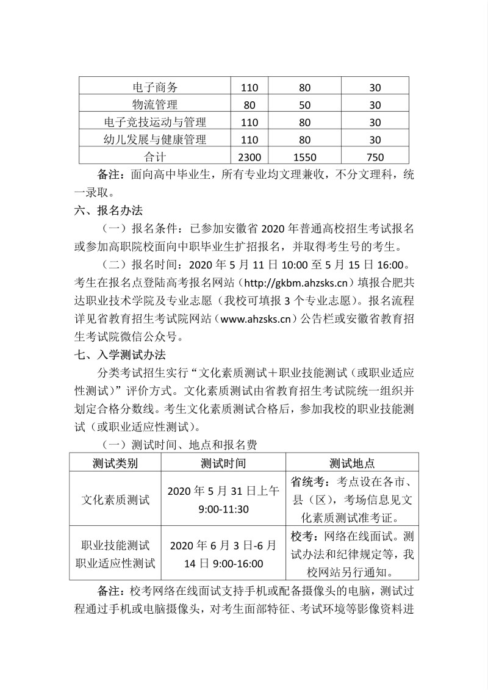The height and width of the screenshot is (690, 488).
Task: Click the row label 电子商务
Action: tap(155, 88)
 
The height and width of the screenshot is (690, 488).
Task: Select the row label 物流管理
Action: tap(155, 105)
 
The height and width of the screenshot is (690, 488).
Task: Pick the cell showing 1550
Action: tap(305, 156)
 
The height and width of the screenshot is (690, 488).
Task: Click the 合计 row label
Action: tap(155, 156)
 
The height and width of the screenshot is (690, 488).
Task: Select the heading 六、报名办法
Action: tap(107, 210)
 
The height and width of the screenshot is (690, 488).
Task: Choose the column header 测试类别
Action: tap(115, 463)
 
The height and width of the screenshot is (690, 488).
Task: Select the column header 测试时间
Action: tap(223, 463)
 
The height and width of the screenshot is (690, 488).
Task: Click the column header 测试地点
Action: tap(353, 463)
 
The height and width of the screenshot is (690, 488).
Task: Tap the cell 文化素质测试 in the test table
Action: tap(115, 499)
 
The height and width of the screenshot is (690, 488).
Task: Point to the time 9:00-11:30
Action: tap(223, 509)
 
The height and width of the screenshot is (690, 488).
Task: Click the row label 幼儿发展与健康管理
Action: tap(155, 139)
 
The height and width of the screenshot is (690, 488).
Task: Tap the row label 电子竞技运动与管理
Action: tap(155, 122)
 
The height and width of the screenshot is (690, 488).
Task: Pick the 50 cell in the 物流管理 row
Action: tap(305, 105)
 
